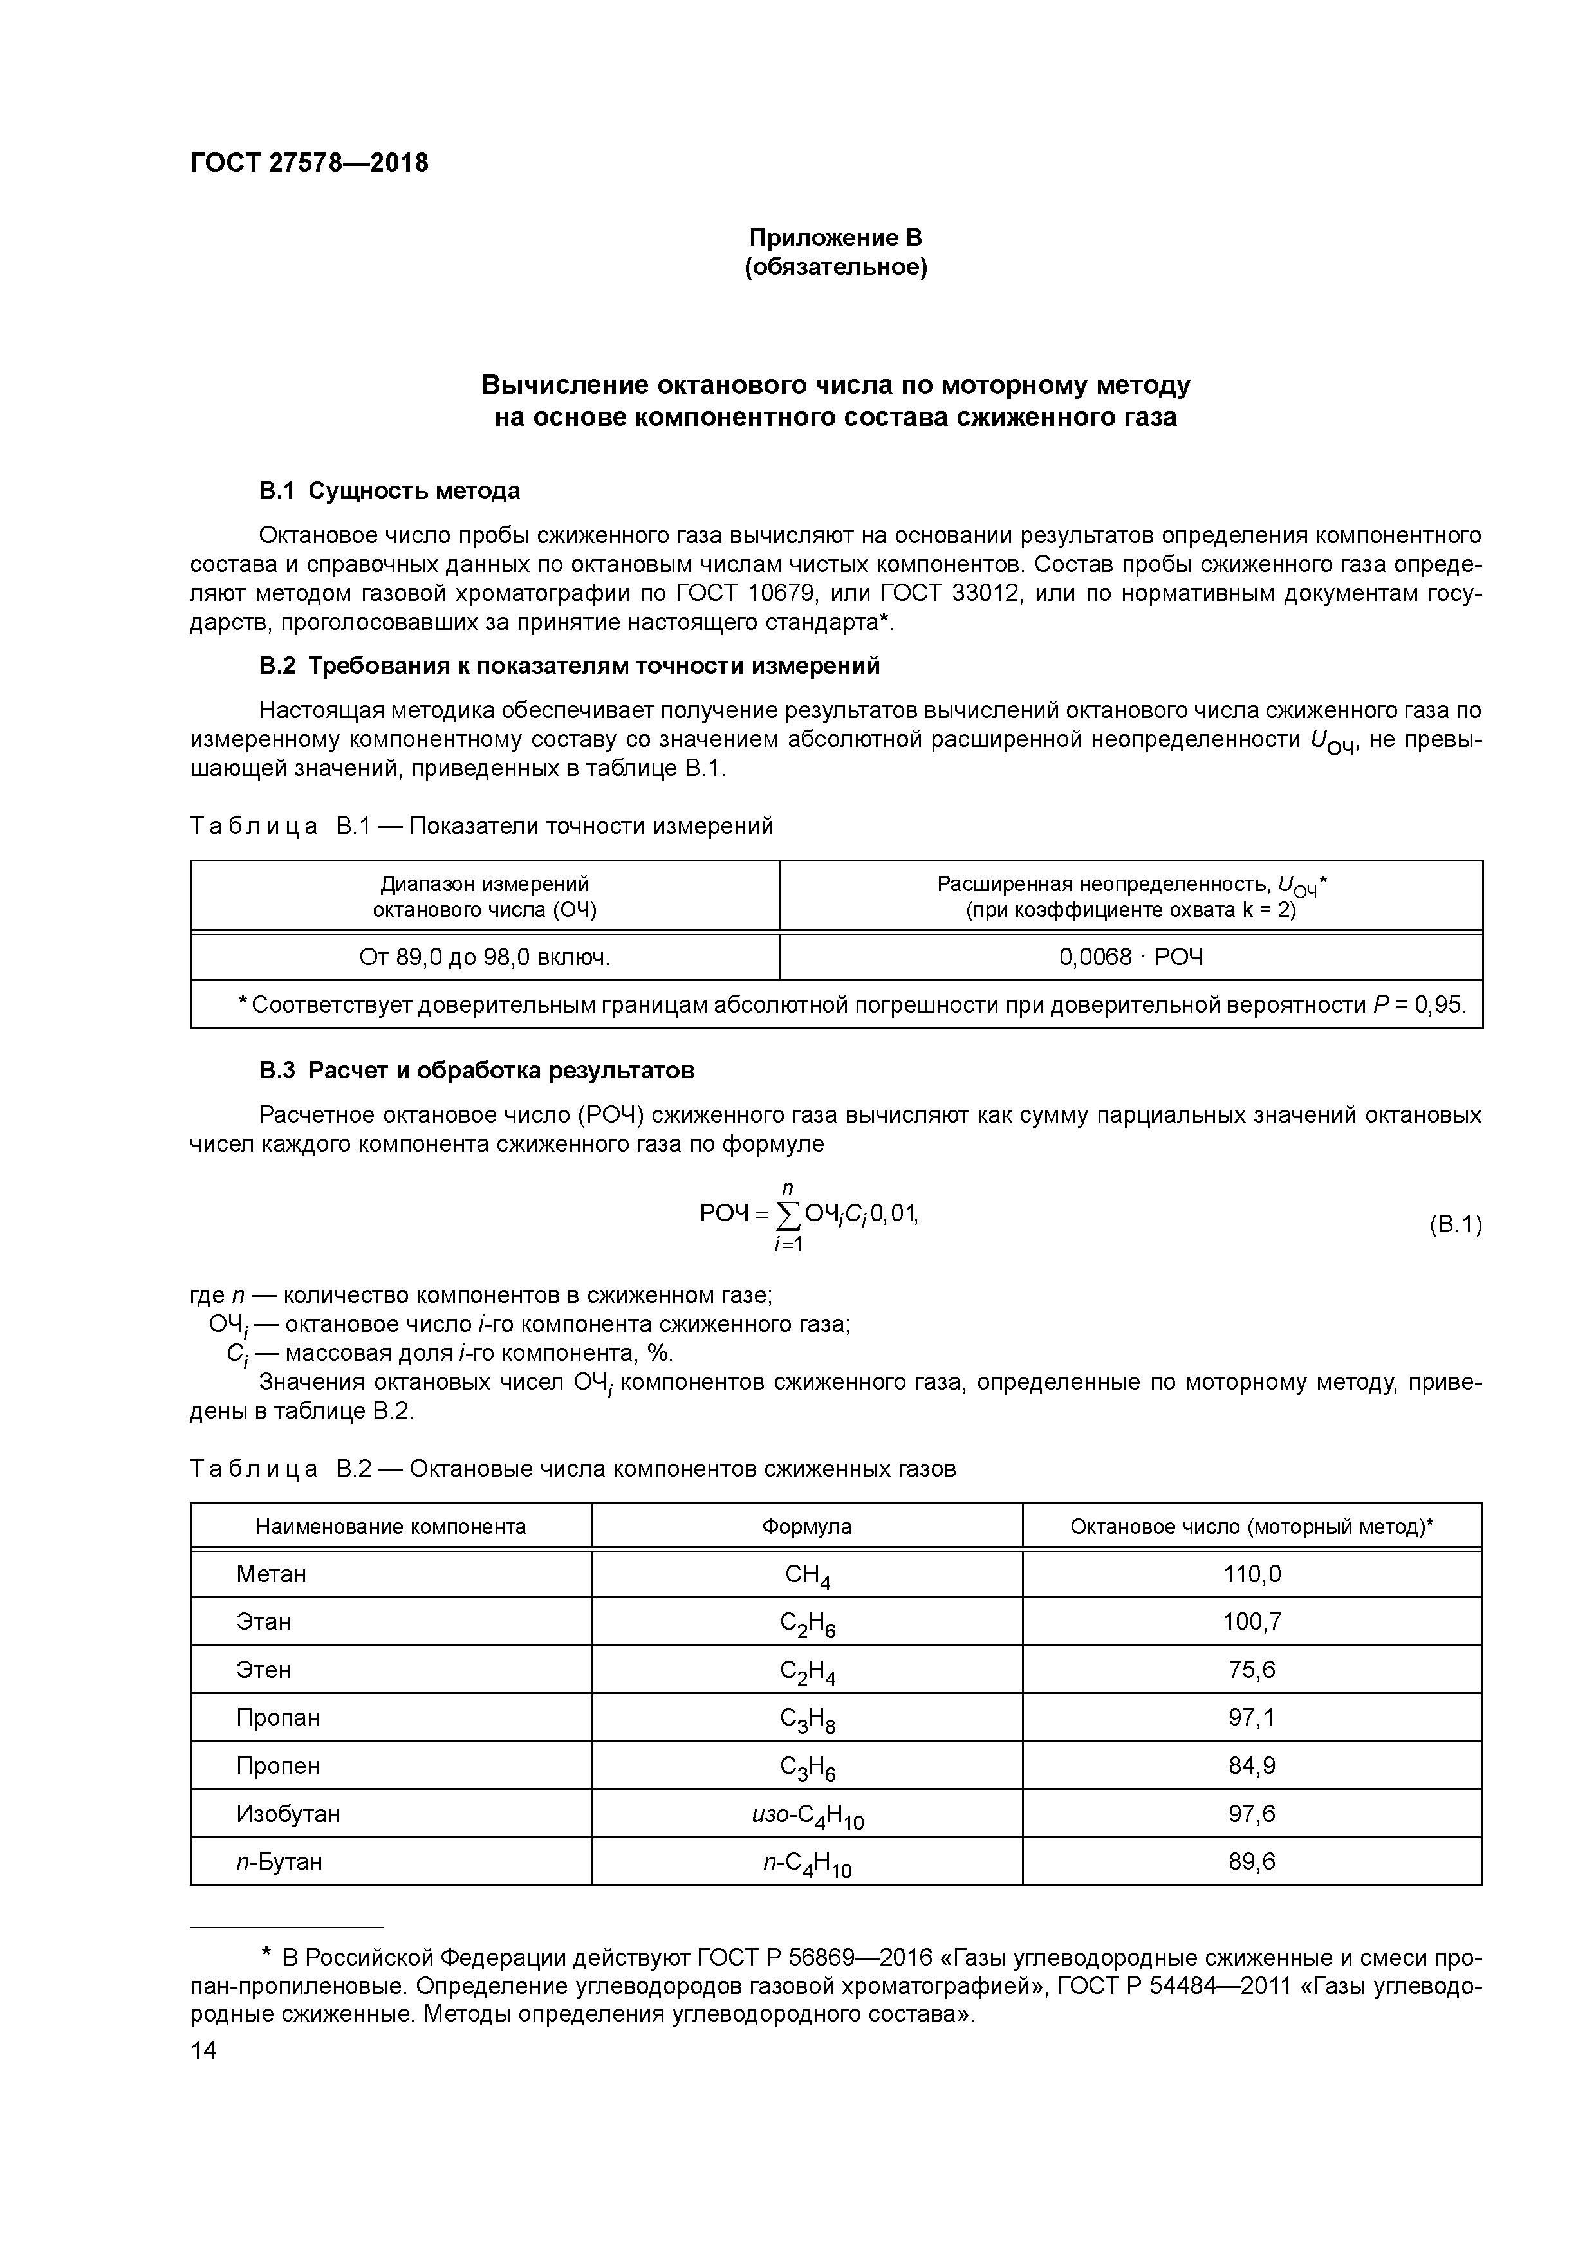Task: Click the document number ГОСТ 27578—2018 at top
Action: click(309, 163)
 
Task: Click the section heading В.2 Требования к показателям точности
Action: click(570, 667)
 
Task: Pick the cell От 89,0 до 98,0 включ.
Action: click(484, 957)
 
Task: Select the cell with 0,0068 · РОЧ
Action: click(1130, 957)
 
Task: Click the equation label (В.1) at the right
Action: click(1453, 1225)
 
